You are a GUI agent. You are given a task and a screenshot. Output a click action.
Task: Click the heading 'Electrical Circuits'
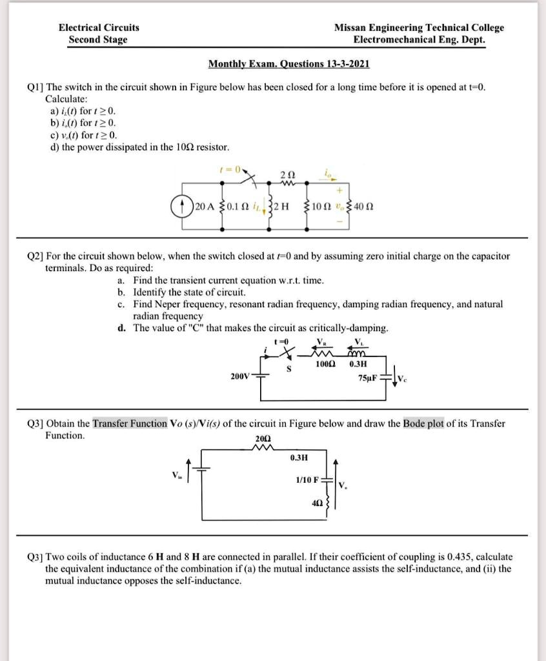[x=99, y=28]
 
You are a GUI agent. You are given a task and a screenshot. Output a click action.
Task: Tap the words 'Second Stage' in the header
[x=98, y=39]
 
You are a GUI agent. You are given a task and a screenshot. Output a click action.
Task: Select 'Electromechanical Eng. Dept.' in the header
[x=419, y=39]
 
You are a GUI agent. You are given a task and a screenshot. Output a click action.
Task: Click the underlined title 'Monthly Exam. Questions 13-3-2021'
[x=288, y=64]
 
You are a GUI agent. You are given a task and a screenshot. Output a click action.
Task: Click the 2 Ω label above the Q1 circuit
[x=289, y=175]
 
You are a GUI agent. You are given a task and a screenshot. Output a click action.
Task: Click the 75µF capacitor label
[x=369, y=378]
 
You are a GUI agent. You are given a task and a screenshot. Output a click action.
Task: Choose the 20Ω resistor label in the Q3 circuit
[x=263, y=438]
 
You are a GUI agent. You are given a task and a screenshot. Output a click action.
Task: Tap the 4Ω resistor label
[x=318, y=501]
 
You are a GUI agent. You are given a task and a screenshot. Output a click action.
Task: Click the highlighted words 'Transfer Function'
[x=130, y=423]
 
